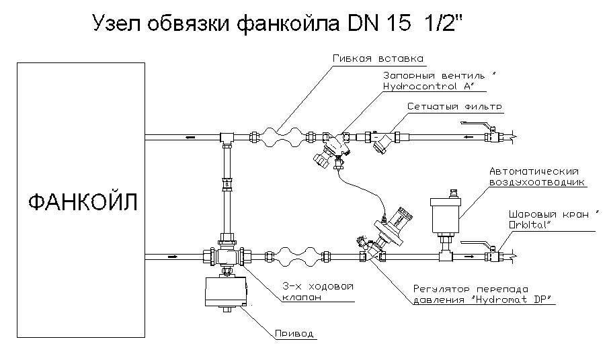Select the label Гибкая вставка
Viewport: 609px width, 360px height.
point(377,58)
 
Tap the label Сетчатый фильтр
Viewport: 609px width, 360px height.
point(455,107)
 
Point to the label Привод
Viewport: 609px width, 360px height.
point(294,334)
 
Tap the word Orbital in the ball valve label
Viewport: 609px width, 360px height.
point(531,224)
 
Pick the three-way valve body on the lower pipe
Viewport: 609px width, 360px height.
point(227,255)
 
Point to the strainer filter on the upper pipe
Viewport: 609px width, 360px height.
point(384,141)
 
